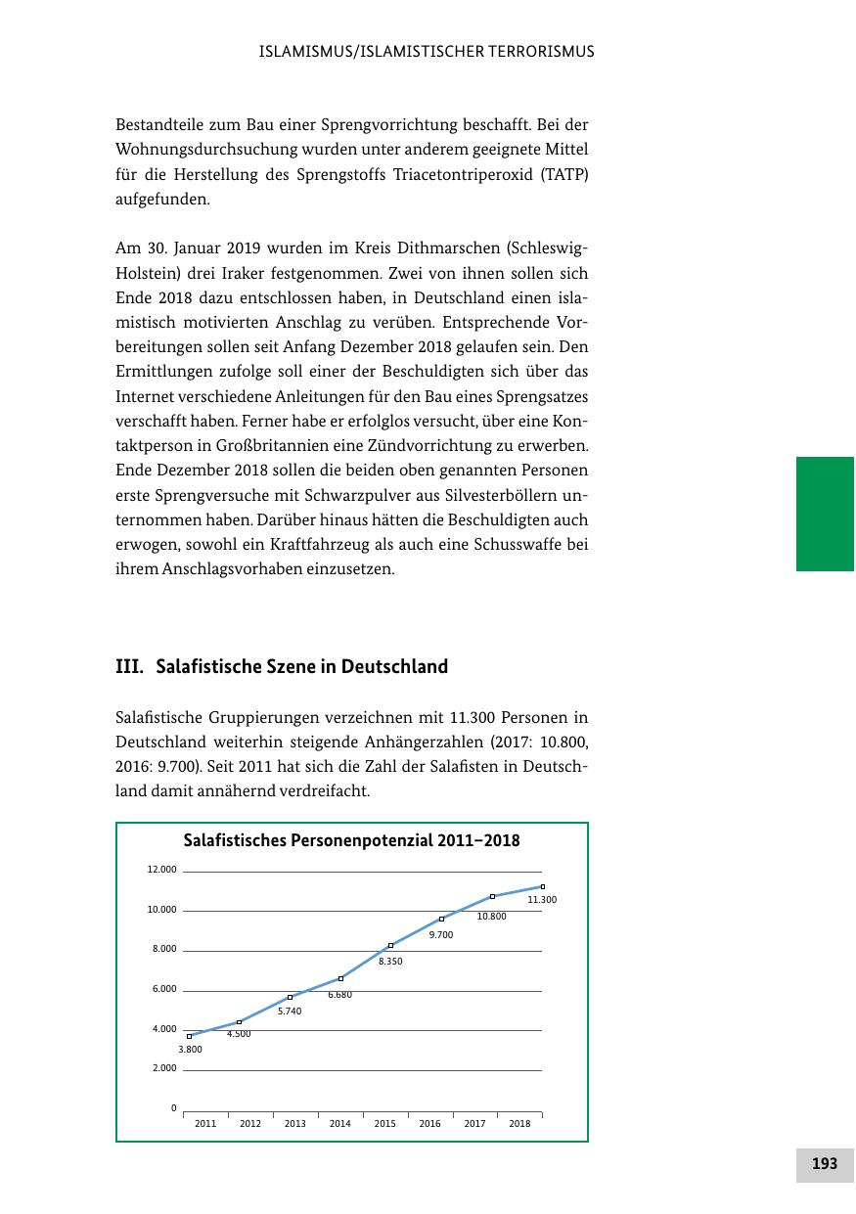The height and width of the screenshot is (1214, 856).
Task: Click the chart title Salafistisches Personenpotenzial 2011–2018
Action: pos(352,840)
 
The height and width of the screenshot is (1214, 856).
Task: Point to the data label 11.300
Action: pos(542,899)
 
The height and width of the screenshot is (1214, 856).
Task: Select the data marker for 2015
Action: pos(390,945)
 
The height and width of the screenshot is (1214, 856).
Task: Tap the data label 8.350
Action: pos(390,962)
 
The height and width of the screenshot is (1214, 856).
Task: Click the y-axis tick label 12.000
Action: pos(162,870)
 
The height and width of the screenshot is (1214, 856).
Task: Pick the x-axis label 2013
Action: pos(294,1123)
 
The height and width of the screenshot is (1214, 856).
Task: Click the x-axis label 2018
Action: pos(519,1123)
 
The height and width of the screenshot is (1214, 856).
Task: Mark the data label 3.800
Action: pos(190,1049)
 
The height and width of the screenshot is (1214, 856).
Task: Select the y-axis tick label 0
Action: pos(173,1108)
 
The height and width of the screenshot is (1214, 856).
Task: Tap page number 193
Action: pos(825,1163)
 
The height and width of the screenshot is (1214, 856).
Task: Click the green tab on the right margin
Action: pos(825,514)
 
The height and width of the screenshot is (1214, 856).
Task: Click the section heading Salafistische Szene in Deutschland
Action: pos(301,666)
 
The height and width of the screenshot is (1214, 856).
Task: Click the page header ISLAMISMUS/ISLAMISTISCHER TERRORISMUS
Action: pos(427,52)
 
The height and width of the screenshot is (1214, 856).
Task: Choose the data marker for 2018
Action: pos(542,886)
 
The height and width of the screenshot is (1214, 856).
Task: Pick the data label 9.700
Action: pos(441,935)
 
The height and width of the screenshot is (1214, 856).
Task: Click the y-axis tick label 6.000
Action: pos(164,989)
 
